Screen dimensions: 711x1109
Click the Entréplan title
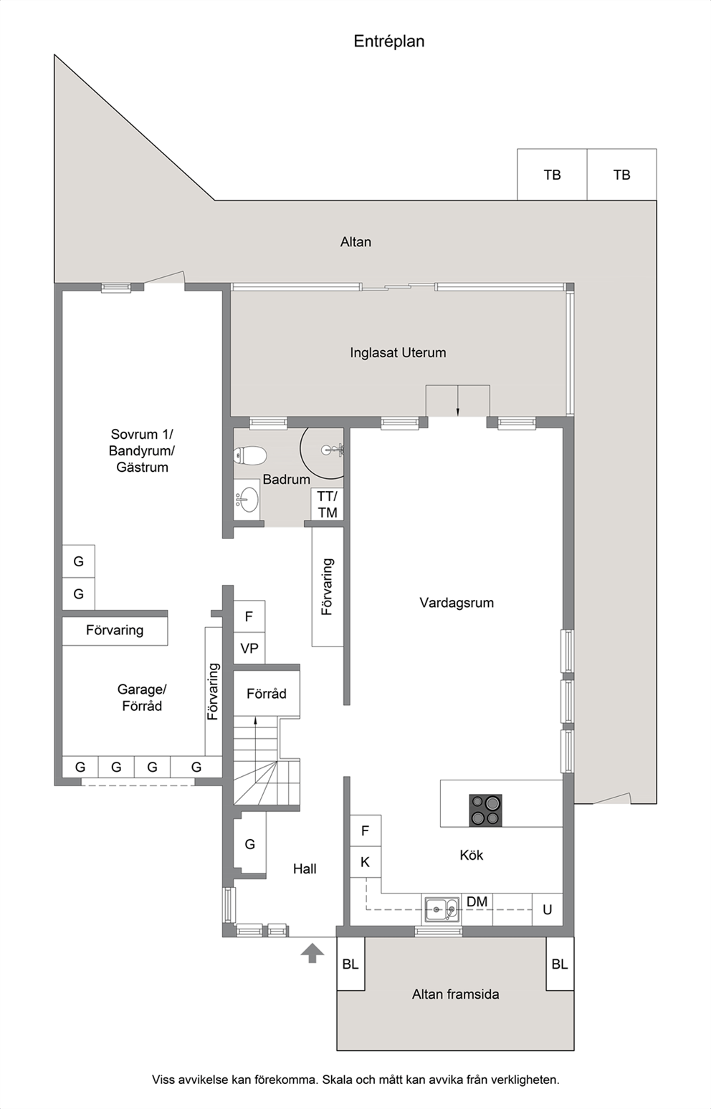[389, 42]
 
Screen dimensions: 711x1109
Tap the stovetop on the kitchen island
[485, 810]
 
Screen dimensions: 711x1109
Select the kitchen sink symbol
[441, 909]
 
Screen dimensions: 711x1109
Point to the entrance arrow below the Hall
[312, 953]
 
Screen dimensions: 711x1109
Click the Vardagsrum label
[457, 603]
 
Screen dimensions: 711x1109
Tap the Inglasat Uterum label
[398, 353]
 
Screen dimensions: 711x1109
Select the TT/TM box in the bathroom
[327, 505]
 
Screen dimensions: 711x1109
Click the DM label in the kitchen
[477, 901]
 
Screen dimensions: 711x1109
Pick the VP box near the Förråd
[249, 648]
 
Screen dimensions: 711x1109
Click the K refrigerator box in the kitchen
[366, 862]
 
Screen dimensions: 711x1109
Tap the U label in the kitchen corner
[548, 909]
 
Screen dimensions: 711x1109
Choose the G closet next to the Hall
[249, 844]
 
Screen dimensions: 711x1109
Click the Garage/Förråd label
[142, 697]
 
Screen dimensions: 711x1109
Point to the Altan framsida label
[455, 994]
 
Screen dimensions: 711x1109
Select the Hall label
[305, 869]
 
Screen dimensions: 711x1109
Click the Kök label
[471, 855]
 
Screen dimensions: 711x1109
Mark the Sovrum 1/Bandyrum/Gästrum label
[142, 450]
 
